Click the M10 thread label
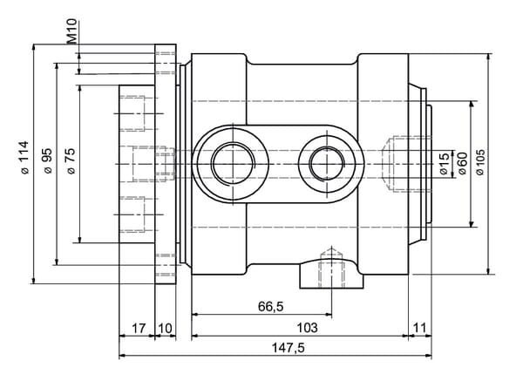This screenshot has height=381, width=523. click(x=71, y=31)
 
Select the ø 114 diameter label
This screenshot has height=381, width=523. click(x=24, y=158)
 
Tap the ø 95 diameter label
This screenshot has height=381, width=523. click(x=48, y=161)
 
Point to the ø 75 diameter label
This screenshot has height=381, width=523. click(x=71, y=161)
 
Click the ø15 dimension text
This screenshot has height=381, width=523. click(x=445, y=164)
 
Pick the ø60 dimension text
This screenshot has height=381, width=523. click(x=462, y=164)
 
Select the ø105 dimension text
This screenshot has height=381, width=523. click(x=480, y=162)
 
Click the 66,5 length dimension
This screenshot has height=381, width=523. click(x=270, y=306)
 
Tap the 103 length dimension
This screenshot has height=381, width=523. click(x=307, y=328)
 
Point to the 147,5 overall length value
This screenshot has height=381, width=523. click(x=289, y=348)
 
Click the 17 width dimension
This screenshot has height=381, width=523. click(x=139, y=329)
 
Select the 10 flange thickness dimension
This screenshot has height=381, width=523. click(x=165, y=329)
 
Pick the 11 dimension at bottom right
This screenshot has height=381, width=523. click(x=420, y=328)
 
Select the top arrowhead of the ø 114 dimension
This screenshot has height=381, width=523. click(x=33, y=48)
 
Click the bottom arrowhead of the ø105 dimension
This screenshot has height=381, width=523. click(x=472, y=223)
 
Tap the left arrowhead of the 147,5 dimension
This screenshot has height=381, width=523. click(x=123, y=356)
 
